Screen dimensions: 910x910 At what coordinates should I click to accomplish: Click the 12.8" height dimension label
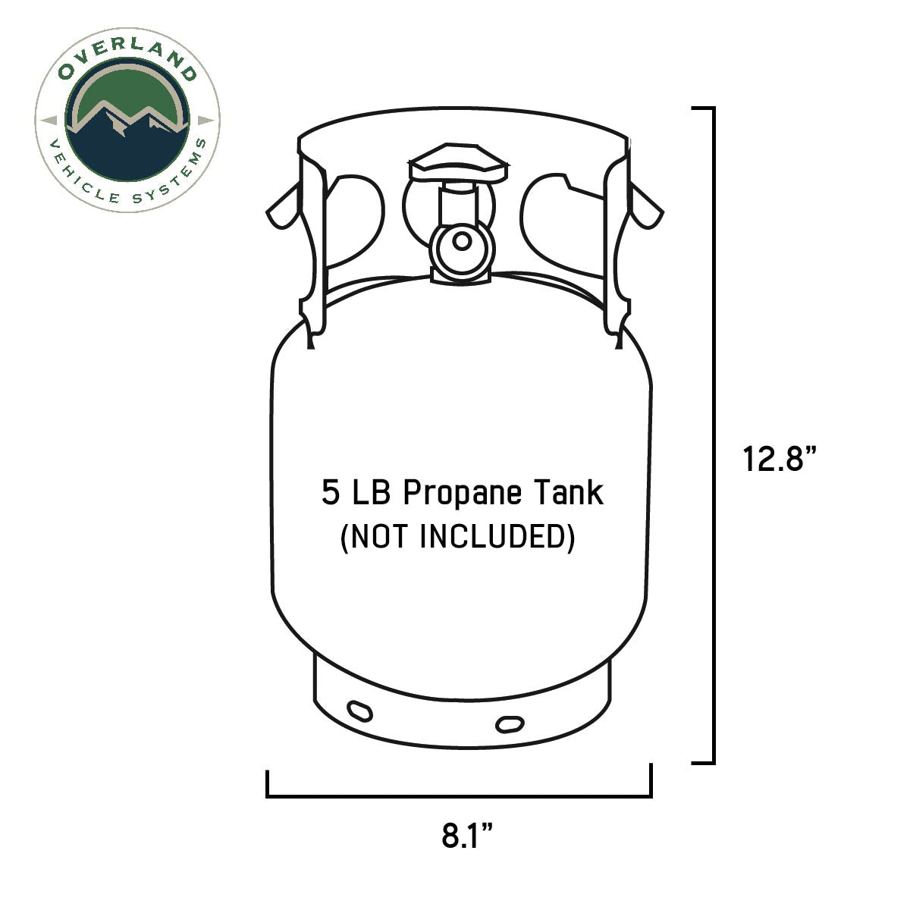tap(780, 459)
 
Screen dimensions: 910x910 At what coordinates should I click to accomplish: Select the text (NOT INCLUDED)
tap(458, 537)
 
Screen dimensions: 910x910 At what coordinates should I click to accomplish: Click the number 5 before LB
tap(330, 493)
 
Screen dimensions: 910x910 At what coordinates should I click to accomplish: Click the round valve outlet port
tap(460, 243)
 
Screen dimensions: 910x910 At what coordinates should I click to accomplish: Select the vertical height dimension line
tap(713, 435)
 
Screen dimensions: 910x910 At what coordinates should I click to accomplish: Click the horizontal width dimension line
tap(459, 795)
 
